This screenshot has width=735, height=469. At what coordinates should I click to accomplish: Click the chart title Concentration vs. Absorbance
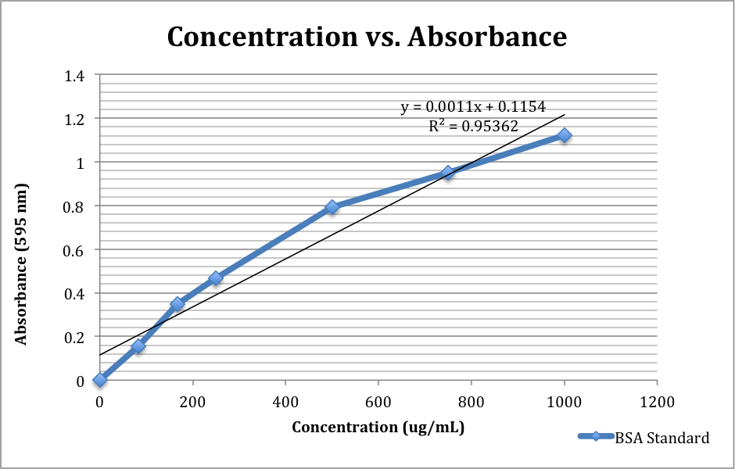[367, 37]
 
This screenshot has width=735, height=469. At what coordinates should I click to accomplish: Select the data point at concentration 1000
[564, 135]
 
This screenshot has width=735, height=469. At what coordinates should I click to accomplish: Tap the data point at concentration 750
[447, 173]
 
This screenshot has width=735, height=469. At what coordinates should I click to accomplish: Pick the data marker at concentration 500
[332, 207]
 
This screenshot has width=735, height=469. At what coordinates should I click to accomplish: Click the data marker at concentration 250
[216, 277]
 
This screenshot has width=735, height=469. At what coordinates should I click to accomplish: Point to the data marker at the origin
[99, 380]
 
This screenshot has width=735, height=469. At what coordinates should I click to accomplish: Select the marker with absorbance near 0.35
[177, 303]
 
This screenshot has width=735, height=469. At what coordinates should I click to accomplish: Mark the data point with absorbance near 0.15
[138, 346]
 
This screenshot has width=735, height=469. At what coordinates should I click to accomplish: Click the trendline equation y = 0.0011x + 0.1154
[473, 107]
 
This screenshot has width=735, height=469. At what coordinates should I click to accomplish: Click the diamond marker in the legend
[596, 437]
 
